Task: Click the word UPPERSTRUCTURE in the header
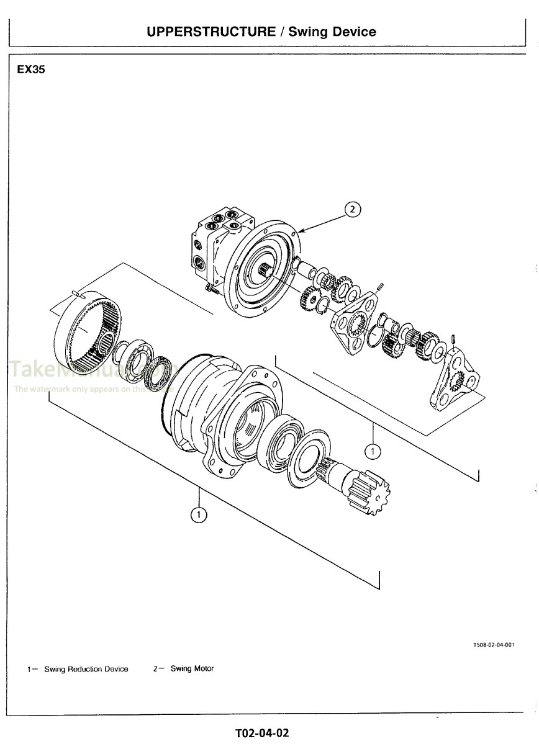(x=211, y=32)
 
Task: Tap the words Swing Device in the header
(x=332, y=32)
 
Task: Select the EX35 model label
(x=31, y=70)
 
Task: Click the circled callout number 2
(x=352, y=210)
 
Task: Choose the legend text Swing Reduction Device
(x=86, y=669)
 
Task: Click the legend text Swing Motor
(x=192, y=669)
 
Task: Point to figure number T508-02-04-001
(x=494, y=645)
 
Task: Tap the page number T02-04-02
(x=262, y=733)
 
